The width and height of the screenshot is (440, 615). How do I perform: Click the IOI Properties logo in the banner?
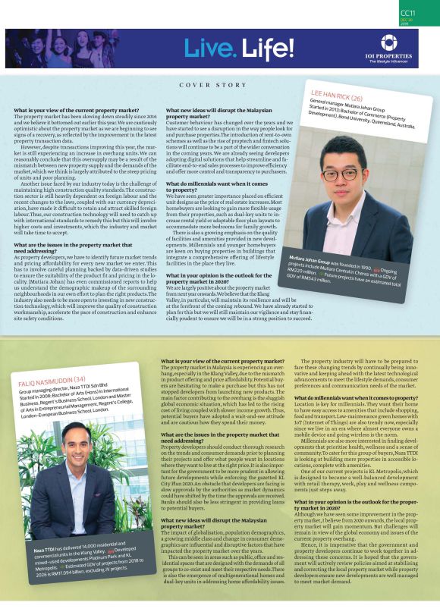[388, 42]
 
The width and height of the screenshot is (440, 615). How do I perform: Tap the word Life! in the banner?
[269, 49]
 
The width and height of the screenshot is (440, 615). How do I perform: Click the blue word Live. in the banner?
[210, 49]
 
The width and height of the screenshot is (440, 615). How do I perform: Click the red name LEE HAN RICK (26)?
[338, 97]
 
